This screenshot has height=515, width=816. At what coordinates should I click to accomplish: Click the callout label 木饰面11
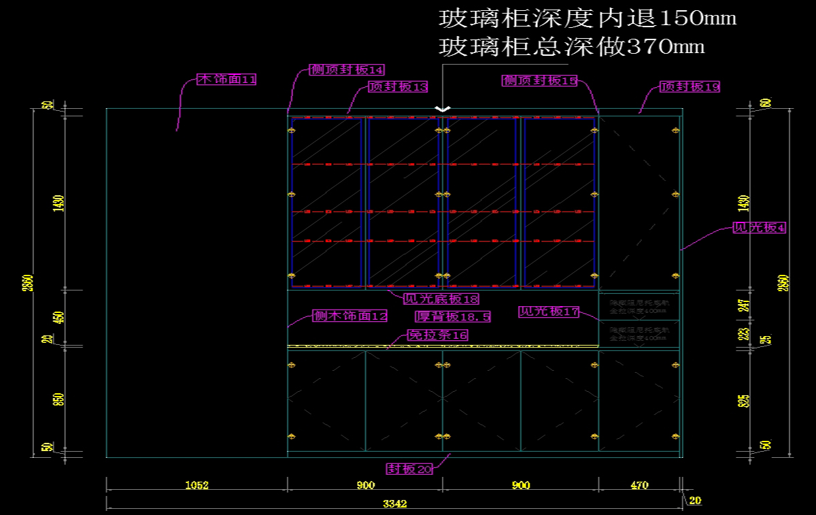(226, 80)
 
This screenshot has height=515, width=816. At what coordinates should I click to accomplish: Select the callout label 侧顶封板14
(347, 69)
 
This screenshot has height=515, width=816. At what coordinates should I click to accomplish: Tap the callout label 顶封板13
(398, 86)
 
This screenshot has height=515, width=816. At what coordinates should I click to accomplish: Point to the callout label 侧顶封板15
(540, 80)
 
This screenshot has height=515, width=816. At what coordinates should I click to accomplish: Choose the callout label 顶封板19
(690, 86)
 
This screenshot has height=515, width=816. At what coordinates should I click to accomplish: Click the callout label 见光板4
(759, 228)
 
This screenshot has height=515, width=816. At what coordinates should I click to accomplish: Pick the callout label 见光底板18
(441, 299)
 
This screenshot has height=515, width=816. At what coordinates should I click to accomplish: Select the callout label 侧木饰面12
(350, 316)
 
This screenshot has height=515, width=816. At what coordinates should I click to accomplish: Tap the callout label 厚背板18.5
(453, 316)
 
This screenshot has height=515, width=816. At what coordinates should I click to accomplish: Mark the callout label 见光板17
(549, 312)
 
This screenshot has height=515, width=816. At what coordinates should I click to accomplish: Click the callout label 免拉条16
(437, 335)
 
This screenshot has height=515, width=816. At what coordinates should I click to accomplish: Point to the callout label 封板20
(409, 469)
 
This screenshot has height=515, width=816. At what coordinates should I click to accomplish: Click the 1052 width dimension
(197, 485)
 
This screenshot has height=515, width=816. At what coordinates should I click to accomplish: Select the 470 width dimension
(639, 485)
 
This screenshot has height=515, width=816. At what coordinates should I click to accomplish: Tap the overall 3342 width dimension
(394, 503)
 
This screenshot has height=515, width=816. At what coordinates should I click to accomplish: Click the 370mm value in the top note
(664, 46)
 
